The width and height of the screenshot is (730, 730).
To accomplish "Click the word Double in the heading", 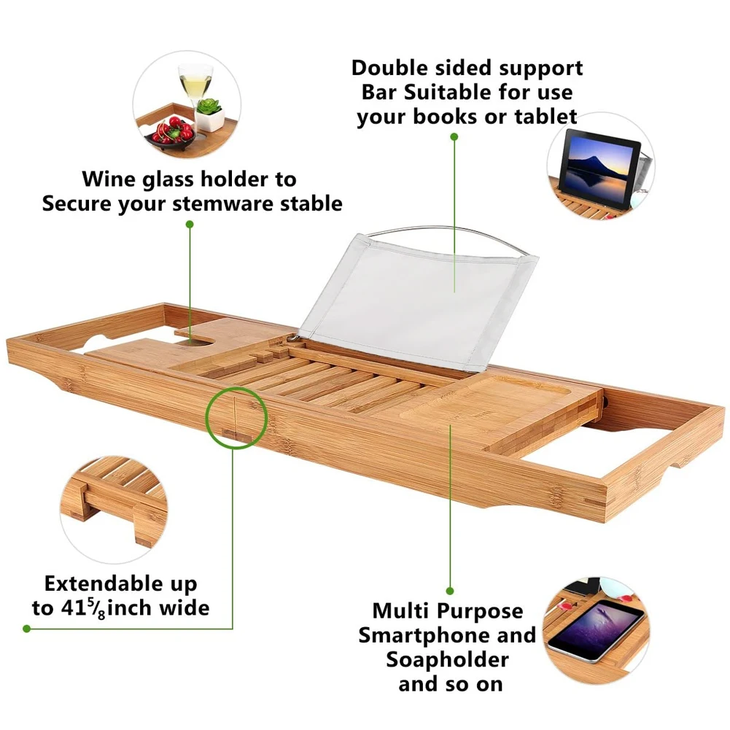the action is pyautogui.click(x=392, y=69).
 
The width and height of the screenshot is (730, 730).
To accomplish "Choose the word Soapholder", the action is pyautogui.click(x=447, y=660).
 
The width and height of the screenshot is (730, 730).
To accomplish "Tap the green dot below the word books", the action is pyautogui.click(x=453, y=136).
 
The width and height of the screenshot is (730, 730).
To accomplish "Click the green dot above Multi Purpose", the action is pyautogui.click(x=450, y=590).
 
